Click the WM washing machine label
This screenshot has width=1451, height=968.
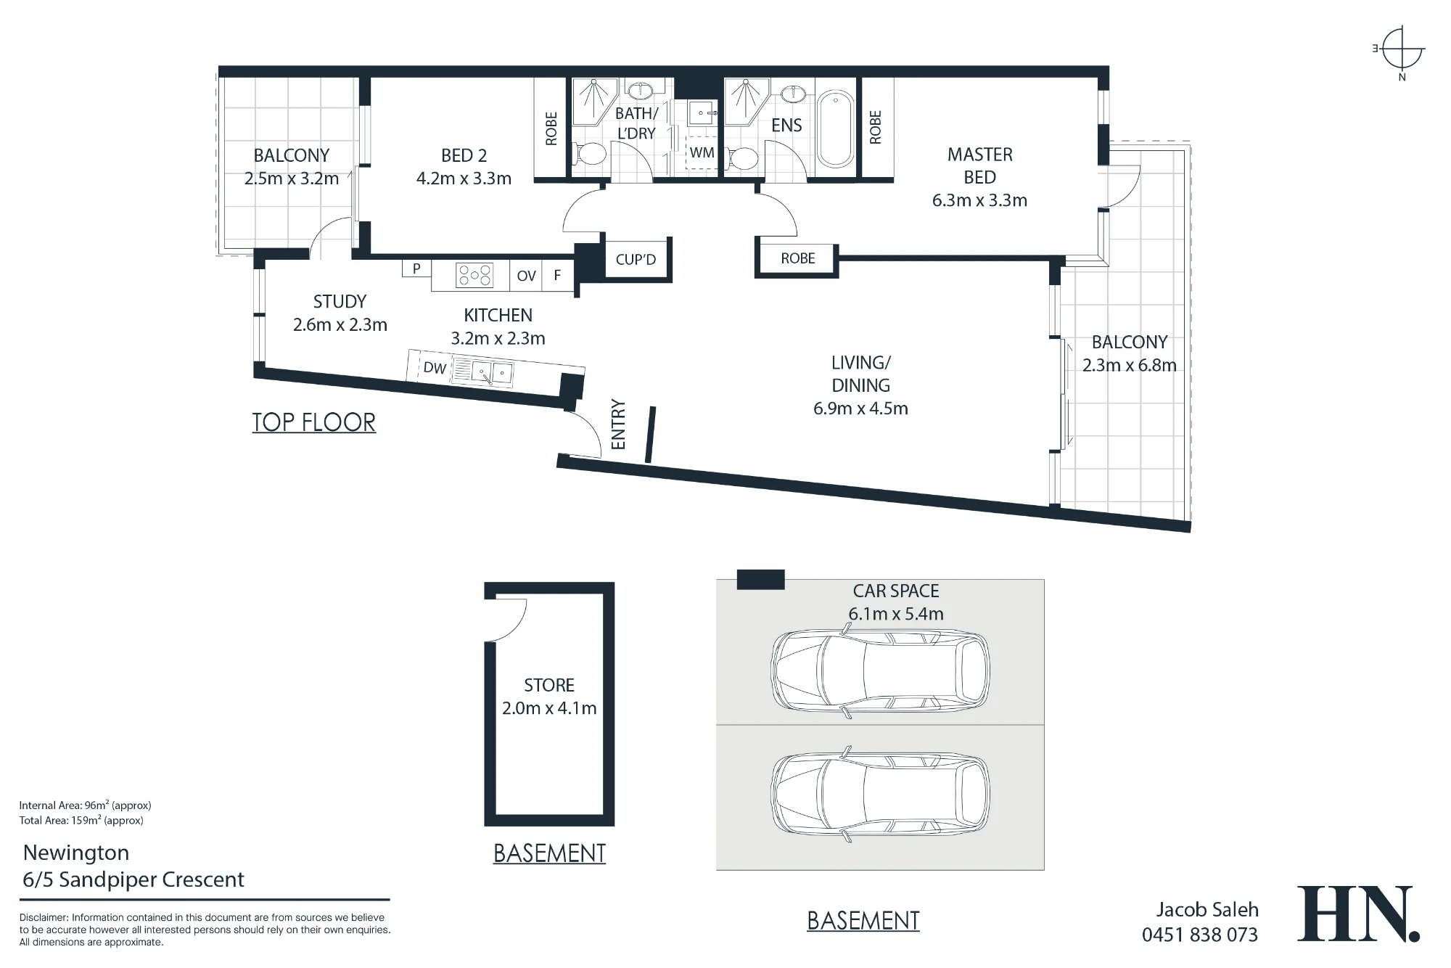[702, 152]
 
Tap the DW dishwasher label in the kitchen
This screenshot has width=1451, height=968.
[435, 368]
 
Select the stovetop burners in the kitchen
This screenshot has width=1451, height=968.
[474, 275]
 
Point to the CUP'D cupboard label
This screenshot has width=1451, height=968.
[636, 259]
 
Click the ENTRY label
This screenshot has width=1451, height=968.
[618, 424]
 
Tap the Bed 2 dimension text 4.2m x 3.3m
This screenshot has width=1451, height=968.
[464, 179]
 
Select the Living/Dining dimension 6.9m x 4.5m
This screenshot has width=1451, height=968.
[860, 409]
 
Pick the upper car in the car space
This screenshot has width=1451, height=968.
[879, 670]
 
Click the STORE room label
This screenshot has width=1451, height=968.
[549, 685]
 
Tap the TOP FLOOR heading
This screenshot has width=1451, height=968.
[314, 422]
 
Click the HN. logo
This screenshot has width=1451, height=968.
[1358, 914]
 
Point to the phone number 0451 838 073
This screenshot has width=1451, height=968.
[1200, 935]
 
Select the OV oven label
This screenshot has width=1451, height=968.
[526, 276]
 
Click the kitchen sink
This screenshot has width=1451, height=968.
[492, 373]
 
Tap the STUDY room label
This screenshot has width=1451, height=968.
[340, 301]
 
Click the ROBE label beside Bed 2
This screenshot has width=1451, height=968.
[551, 128]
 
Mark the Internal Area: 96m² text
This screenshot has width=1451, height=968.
[85, 805]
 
